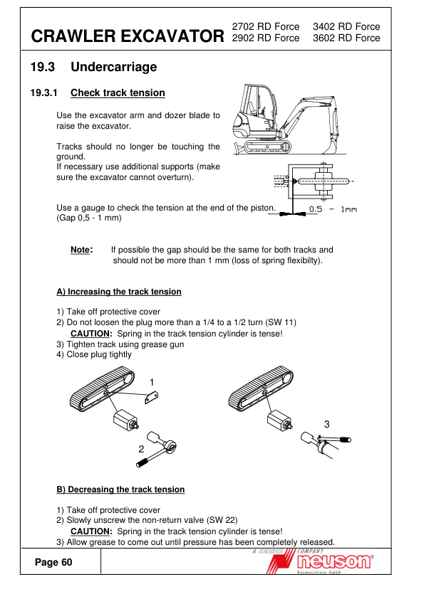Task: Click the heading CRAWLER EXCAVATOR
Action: pyautogui.click(x=128, y=36)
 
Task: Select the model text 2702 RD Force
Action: pyautogui.click(x=266, y=26)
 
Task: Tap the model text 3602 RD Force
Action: pyautogui.click(x=346, y=38)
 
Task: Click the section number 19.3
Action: pyautogui.click(x=43, y=67)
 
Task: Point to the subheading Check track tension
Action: pyautogui.click(x=118, y=92)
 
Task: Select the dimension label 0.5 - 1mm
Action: pyautogui.click(x=333, y=209)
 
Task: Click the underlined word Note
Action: pyautogui.click(x=81, y=250)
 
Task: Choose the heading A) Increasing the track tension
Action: pyautogui.click(x=119, y=292)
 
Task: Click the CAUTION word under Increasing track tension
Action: pyautogui.click(x=91, y=334)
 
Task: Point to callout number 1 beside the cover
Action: pyautogui.click(x=152, y=382)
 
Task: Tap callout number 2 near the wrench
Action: pyautogui.click(x=141, y=449)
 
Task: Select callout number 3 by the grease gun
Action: pyautogui.click(x=327, y=424)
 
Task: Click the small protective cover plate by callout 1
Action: pyautogui.click(x=152, y=397)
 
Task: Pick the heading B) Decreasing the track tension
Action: pyautogui.click(x=120, y=489)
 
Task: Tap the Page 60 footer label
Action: pyautogui.click(x=53, y=562)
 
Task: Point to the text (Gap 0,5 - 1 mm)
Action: pyautogui.click(x=89, y=218)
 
